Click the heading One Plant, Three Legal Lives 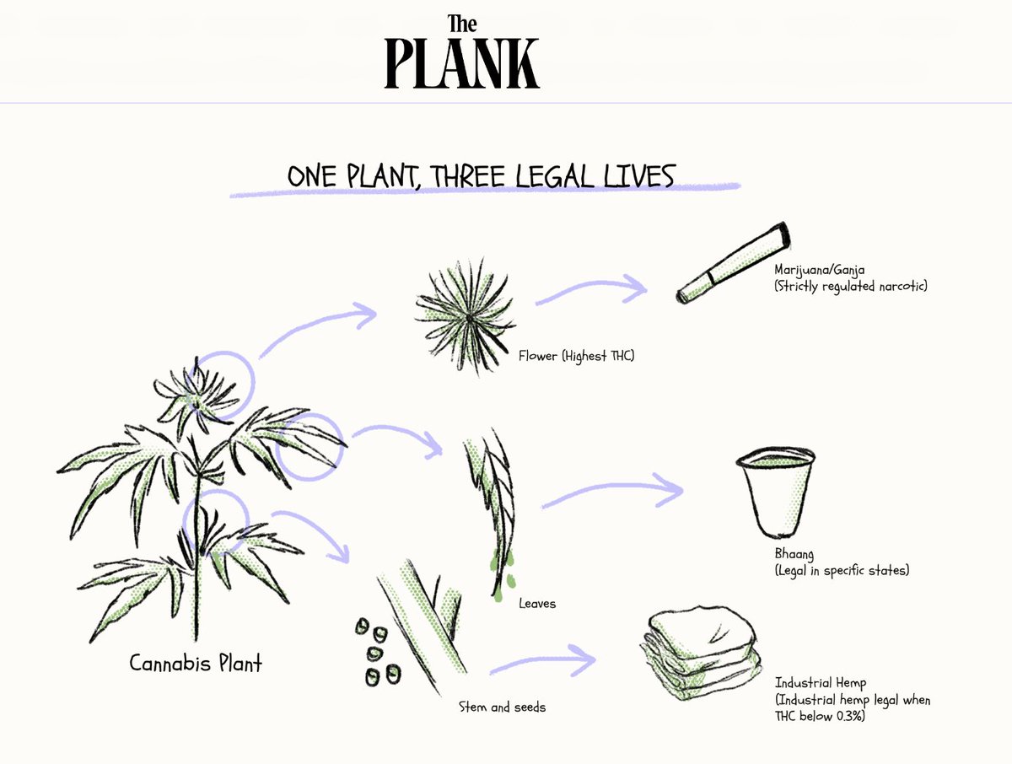click(481, 176)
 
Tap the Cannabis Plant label click(196, 663)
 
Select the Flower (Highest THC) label click(576, 357)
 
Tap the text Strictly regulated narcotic click(852, 288)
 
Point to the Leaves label click(537, 604)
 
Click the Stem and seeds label click(502, 707)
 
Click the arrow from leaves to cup click(611, 493)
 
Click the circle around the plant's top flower click(224, 381)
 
